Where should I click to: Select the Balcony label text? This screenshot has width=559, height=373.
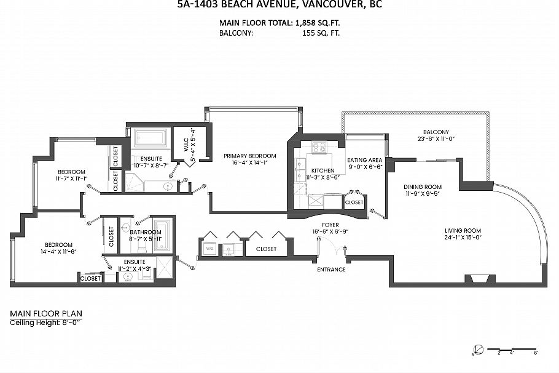[x=436, y=132]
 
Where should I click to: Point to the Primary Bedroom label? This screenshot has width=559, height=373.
[x=249, y=156]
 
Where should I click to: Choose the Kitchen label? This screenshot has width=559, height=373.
[x=322, y=170]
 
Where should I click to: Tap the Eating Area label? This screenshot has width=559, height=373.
[x=365, y=160]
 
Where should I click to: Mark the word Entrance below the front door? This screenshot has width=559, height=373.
[x=331, y=270]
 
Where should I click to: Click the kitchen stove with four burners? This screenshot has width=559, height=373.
[x=319, y=148]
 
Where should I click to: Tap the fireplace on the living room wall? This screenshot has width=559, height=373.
[x=478, y=279]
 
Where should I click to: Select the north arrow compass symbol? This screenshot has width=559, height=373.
[x=479, y=350]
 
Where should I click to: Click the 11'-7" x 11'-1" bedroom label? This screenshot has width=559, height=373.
[x=72, y=175]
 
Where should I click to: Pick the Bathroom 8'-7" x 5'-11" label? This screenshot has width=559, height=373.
[x=146, y=235]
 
